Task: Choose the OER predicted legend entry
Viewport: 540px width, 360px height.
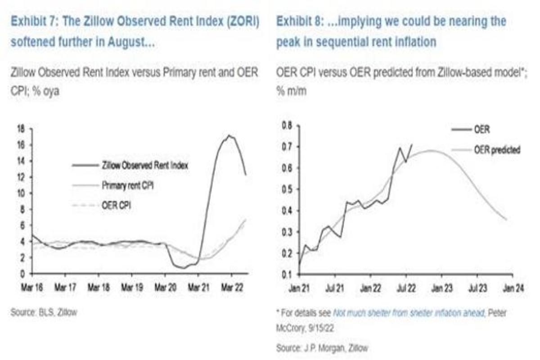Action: [497, 150]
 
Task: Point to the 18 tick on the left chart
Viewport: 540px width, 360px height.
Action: [21, 129]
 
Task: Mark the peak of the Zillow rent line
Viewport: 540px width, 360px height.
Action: [229, 135]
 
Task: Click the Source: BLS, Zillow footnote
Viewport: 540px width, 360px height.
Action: [44, 312]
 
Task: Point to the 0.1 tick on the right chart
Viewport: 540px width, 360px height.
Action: [287, 274]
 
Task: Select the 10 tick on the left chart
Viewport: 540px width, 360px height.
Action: [21, 193]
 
